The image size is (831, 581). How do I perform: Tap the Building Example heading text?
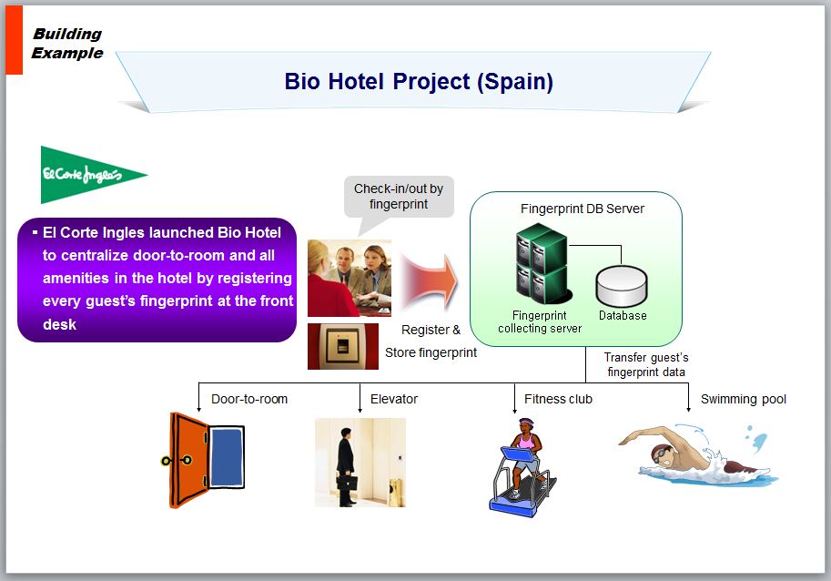tap(67, 44)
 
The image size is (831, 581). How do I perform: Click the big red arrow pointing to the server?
tap(429, 281)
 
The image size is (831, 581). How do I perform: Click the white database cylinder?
tap(622, 286)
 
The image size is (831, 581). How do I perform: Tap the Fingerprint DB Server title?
tap(582, 209)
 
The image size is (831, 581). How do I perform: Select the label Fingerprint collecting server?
tap(540, 321)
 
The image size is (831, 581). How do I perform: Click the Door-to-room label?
tap(249, 399)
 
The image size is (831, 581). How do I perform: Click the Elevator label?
tap(394, 399)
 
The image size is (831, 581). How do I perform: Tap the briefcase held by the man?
tap(347, 483)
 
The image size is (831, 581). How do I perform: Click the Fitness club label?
tap(558, 399)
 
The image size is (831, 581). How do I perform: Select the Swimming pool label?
tap(743, 399)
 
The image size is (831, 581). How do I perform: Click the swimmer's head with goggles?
tap(663, 454)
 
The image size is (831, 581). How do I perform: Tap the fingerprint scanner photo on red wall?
tap(343, 346)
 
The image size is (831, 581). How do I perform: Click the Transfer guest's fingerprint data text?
tap(646, 364)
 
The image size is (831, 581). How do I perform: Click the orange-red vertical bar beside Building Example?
tap(15, 40)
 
